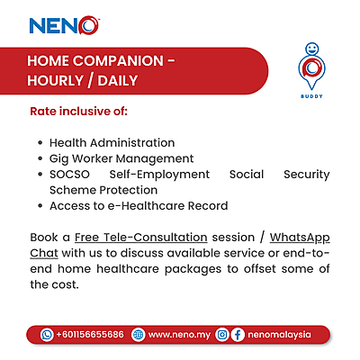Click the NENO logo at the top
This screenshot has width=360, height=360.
point(63,26)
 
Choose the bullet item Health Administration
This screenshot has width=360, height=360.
point(112,143)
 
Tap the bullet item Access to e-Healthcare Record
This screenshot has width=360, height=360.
point(139,206)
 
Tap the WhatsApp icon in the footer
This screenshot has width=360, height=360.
point(47,334)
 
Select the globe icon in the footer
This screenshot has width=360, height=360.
point(138,334)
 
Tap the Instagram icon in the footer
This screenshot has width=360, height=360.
point(221,334)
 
